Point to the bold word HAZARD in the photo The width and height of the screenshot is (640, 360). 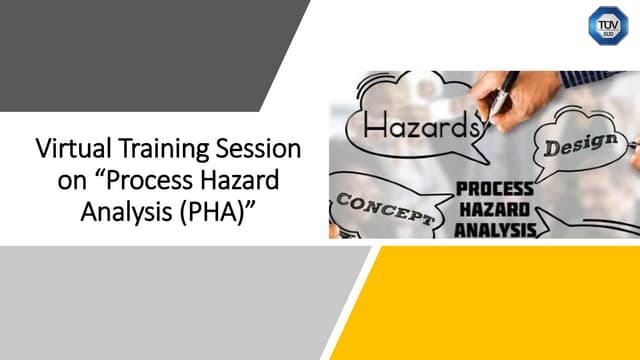point(495,208)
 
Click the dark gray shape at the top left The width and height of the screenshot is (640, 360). point(130,50)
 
